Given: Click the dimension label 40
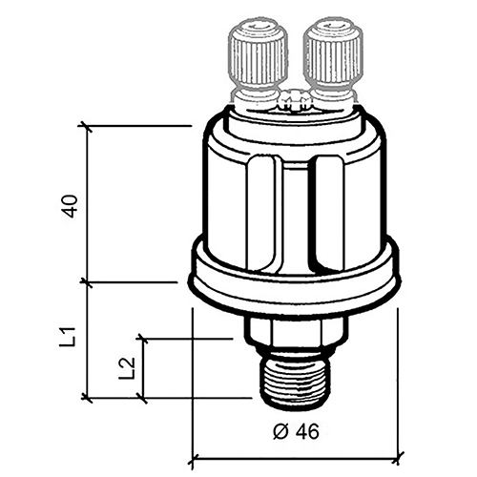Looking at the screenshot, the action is tap(71, 206).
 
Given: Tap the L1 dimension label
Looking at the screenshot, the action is tap(68, 337).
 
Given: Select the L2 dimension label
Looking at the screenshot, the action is tap(127, 368).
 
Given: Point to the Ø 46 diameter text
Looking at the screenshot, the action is tap(296, 431).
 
